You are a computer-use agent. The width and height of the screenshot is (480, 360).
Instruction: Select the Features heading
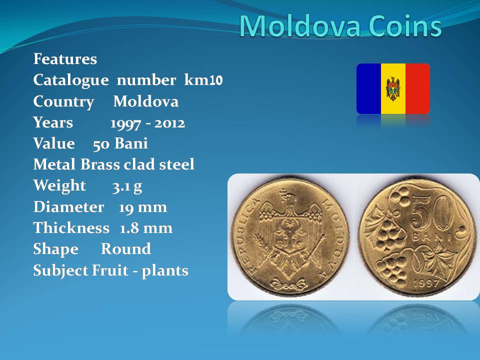coord(65,59)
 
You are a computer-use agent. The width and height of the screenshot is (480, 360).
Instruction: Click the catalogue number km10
coord(203,80)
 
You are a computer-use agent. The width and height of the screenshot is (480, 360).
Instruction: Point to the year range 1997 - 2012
coord(147,123)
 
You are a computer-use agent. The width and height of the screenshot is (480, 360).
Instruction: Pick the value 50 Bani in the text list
coord(120,143)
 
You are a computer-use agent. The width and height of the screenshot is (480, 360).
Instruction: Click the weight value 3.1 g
coord(127,186)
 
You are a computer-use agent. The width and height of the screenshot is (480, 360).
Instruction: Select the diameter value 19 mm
coord(143,207)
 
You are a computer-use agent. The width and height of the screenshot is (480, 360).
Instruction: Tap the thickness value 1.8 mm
coord(146,228)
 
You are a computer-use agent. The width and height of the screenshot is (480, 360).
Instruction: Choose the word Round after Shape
coord(126,249)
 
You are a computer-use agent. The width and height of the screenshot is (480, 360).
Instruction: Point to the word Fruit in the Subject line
coord(110,270)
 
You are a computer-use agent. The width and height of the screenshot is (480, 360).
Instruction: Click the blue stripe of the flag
coord(369,89)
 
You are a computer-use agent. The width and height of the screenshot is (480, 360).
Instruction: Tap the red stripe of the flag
coord(418,89)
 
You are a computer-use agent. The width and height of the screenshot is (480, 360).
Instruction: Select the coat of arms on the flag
coord(393,89)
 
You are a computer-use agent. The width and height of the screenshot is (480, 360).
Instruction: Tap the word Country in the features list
coord(63,101)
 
